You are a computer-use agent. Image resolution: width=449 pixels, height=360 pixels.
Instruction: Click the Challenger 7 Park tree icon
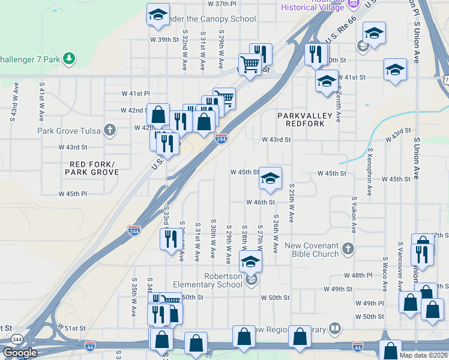coord(70,58)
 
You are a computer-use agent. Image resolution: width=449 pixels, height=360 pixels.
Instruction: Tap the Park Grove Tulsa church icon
coord(109,130)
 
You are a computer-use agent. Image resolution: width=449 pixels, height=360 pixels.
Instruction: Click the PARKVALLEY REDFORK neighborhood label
coord(301,119)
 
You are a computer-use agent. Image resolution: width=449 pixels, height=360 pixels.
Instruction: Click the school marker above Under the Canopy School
coord(158,14)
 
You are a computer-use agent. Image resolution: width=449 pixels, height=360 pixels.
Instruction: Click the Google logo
coord(20,353)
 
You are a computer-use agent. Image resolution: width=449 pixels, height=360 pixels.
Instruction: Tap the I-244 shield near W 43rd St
coord(221,139)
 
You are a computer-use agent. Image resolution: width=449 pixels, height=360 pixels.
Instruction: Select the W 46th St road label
coord(260,203)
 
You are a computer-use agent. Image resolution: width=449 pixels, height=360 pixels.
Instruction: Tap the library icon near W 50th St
coord(335,328)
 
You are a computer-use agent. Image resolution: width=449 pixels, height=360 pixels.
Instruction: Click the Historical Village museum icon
coord(353,5)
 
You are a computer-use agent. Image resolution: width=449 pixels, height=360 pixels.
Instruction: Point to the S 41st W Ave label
coord(41,100)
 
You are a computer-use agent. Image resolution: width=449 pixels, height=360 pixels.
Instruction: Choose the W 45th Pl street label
coord(73,194)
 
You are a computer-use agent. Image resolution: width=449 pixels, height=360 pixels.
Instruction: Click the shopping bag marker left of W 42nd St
coord(158,115)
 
